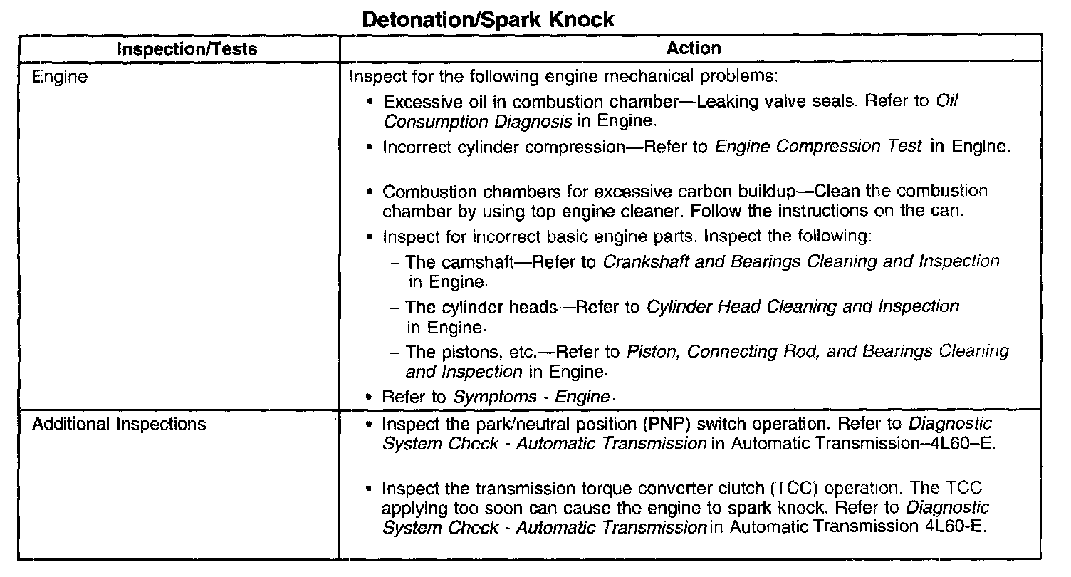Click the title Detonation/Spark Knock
[x=488, y=19]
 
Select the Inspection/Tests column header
[x=187, y=49]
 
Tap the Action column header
[x=694, y=48]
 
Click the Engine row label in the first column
[x=60, y=77]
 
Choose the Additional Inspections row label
[x=119, y=424]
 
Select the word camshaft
[x=479, y=261]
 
